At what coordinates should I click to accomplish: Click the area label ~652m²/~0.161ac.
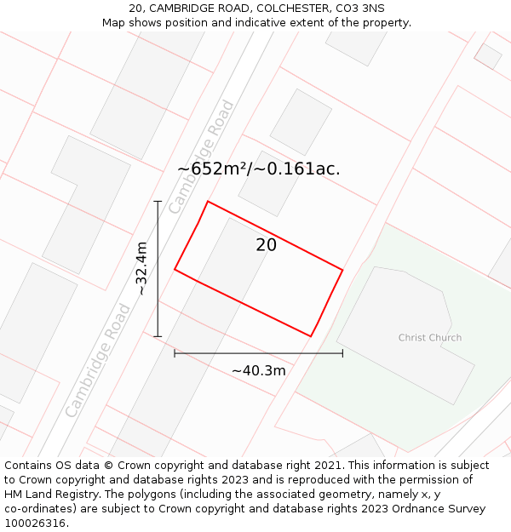pyautogui.click(x=258, y=169)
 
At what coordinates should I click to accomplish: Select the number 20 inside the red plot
pyautogui.click(x=266, y=245)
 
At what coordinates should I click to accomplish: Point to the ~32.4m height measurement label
pyautogui.click(x=141, y=269)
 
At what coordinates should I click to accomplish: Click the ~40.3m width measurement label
pyautogui.click(x=259, y=370)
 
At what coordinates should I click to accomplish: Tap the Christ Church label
pyautogui.click(x=430, y=338)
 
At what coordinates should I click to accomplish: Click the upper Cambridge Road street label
pyautogui.click(x=201, y=157)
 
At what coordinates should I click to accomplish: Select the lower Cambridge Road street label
pyautogui.click(x=98, y=361)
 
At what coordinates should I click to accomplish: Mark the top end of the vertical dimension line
pyautogui.click(x=158, y=202)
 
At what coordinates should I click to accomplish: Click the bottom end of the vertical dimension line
pyautogui.click(x=158, y=336)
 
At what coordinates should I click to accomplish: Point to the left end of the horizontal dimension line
pyautogui.click(x=175, y=352)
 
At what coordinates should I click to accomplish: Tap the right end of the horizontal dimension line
pyautogui.click(x=342, y=352)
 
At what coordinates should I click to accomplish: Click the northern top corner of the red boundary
pyautogui.click(x=208, y=202)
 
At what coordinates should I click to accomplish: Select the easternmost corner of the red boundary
pyautogui.click(x=342, y=270)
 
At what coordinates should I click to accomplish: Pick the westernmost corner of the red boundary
pyautogui.click(x=175, y=269)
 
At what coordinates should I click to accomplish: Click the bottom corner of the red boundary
pyautogui.click(x=311, y=336)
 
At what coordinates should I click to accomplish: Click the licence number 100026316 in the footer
pyautogui.click(x=34, y=523)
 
